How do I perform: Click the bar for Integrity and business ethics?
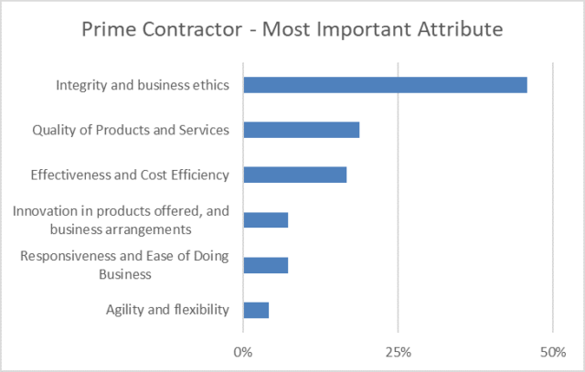click(x=385, y=85)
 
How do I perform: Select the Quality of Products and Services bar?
click(x=301, y=130)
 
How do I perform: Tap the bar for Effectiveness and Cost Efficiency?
click(x=294, y=175)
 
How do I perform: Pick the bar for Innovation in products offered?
click(x=265, y=219)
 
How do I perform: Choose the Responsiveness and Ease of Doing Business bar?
click(x=265, y=265)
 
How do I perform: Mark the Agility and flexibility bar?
click(x=256, y=310)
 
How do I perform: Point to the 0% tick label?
click(x=243, y=351)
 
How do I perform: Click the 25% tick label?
click(x=398, y=351)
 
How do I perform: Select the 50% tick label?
click(x=553, y=351)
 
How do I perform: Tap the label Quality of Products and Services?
click(x=130, y=130)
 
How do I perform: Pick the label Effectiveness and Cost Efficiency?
click(x=129, y=175)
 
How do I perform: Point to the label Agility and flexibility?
click(x=167, y=310)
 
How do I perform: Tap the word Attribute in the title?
click(x=463, y=29)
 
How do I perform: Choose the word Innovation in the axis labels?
click(x=46, y=212)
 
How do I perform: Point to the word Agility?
click(x=125, y=310)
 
